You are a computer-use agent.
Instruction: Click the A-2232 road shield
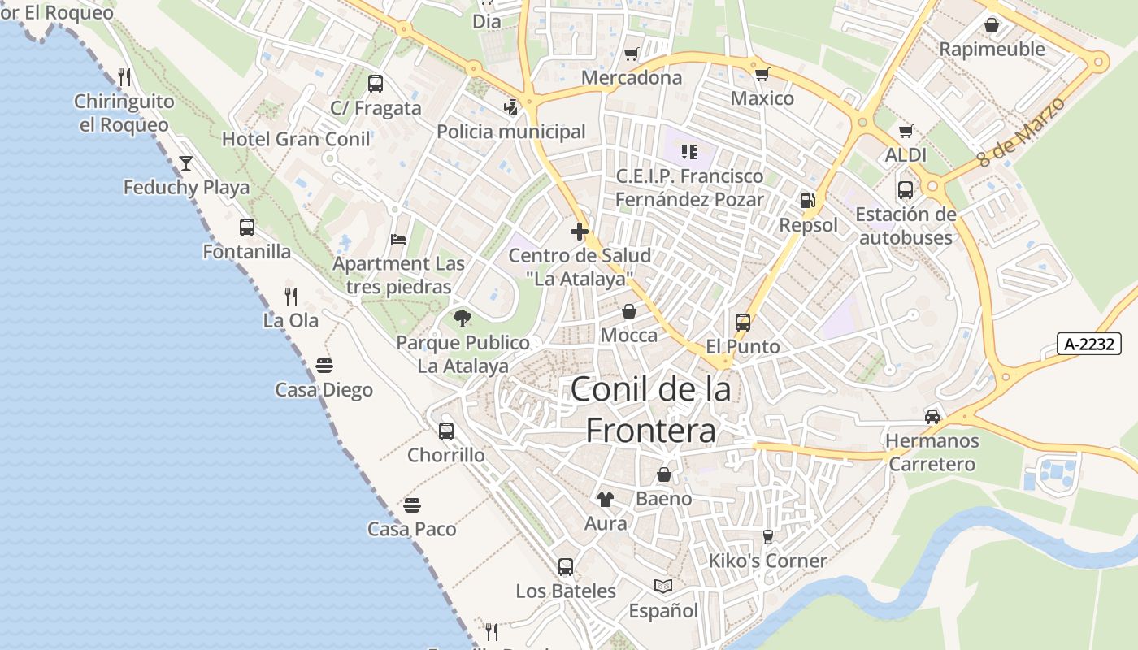1089,344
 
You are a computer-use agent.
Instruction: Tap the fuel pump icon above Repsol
807,200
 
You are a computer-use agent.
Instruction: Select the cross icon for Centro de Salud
580,232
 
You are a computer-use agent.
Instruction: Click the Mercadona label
632,78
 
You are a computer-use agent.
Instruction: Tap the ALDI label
906,154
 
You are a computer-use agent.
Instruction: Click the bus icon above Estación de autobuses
906,190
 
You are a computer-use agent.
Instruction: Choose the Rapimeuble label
992,50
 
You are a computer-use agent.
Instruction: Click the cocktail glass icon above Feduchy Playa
186,163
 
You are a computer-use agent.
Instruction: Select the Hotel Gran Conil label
296,139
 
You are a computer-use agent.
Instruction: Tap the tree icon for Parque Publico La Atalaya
463,318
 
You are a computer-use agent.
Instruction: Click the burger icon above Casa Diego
324,365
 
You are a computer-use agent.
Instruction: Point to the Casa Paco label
411,529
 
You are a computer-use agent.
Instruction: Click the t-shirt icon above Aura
606,499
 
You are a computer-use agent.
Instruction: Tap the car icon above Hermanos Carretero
932,417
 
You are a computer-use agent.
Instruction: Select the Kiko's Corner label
767,561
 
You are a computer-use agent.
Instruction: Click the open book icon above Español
663,587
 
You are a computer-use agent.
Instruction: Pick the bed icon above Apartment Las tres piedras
398,240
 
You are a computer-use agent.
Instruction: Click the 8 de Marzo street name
1021,132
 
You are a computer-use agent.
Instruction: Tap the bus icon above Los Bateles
566,567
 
